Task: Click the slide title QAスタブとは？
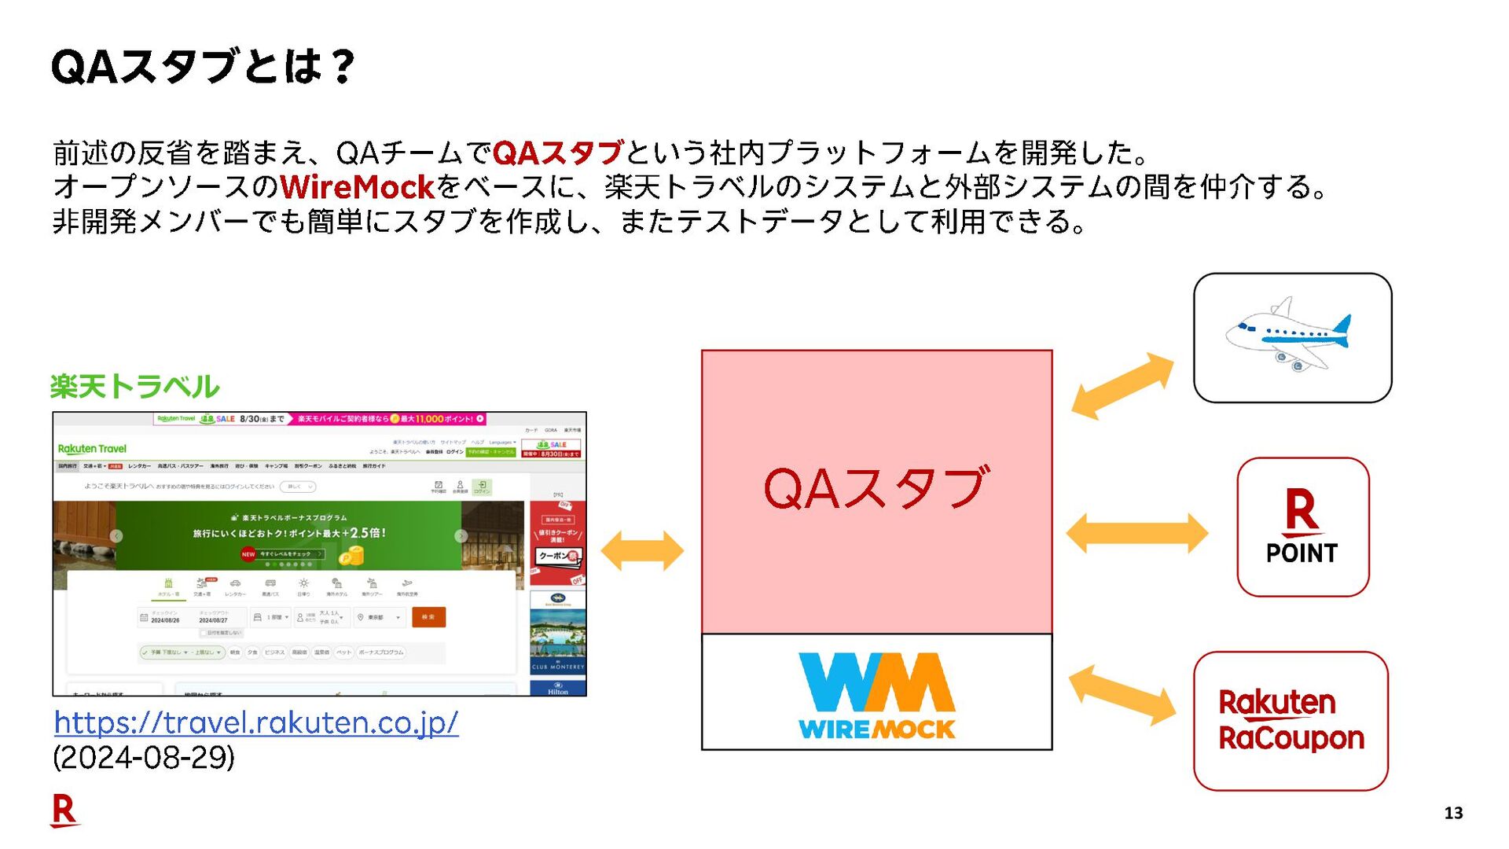coord(203,66)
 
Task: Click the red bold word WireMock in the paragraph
coord(357,187)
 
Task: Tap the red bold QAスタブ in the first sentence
coord(558,153)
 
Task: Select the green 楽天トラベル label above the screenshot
coord(134,387)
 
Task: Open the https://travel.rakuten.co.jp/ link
coord(256,722)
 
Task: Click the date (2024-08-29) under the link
coord(144,758)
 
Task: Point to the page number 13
coord(1453,813)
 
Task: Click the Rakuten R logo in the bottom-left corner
coord(64,810)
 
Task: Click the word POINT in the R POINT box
coord(1302,553)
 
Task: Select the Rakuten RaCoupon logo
coord(1291,720)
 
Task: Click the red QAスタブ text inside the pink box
coord(876,488)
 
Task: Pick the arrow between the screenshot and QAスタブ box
coord(642,550)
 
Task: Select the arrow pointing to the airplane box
coord(1122,385)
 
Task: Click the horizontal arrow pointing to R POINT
coord(1136,534)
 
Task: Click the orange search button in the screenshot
coord(428,617)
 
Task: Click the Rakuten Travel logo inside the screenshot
coord(92,449)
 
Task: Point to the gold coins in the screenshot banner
coord(351,557)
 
